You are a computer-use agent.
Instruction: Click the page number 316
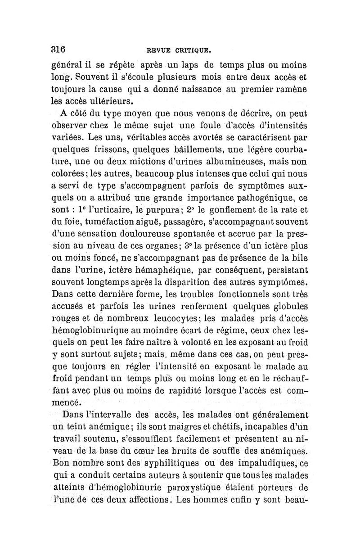pyautogui.click(x=57, y=49)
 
